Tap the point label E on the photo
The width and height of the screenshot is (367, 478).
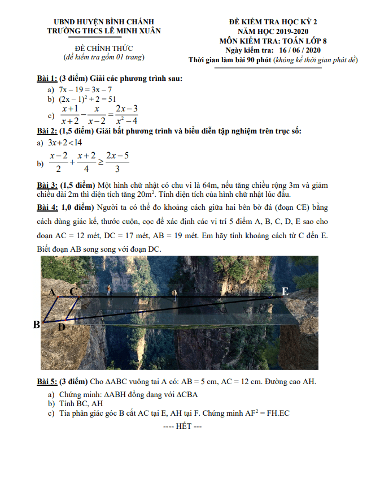285,291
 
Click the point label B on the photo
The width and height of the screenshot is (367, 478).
37,324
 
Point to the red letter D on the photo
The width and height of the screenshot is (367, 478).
62,326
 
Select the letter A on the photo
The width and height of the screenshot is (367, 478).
52,292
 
